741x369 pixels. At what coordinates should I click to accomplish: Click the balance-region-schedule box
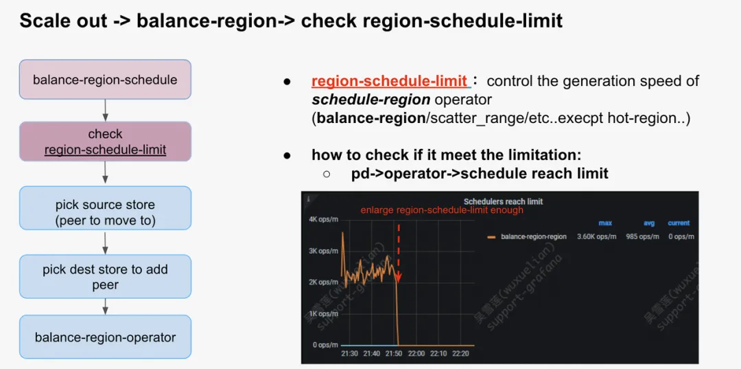[105, 80]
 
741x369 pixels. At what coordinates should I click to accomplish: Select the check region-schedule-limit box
[105, 142]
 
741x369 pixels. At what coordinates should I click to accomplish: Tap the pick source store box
[105, 212]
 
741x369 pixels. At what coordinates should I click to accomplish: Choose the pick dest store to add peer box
[105, 277]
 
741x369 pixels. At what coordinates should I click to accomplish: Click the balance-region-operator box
[105, 337]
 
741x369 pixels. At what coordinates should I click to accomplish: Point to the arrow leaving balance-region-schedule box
[105, 110]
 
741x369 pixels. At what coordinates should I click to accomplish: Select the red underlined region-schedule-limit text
[389, 81]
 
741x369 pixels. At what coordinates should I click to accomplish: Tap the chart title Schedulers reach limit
[503, 201]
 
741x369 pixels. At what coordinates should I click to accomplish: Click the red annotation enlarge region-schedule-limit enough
[442, 210]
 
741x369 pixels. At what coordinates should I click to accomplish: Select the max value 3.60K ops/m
[596, 237]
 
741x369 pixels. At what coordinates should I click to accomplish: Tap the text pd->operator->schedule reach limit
[480, 174]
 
